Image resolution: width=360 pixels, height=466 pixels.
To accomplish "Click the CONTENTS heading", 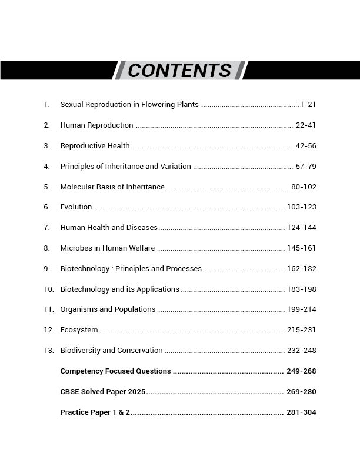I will pyautogui.click(x=179, y=71).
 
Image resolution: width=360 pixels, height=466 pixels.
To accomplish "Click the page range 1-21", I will pyautogui.click(x=308, y=105).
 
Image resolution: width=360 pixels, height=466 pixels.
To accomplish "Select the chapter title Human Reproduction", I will pyautogui.click(x=96, y=125).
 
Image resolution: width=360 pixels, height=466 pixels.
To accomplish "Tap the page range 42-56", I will pyautogui.click(x=306, y=146).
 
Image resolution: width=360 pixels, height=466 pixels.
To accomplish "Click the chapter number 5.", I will pyautogui.click(x=46, y=187).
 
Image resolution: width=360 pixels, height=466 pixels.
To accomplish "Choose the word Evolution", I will pyautogui.click(x=76, y=207).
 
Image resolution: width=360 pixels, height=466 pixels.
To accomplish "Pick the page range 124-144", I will pyautogui.click(x=302, y=228).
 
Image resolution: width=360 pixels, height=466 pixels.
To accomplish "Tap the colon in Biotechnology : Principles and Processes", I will pyautogui.click(x=112, y=269).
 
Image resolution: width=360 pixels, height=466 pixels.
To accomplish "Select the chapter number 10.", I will pyautogui.click(x=48, y=289).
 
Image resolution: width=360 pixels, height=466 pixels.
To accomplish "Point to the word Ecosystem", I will pyautogui.click(x=79, y=330).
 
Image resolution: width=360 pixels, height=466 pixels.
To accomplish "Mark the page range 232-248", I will pyautogui.click(x=302, y=351).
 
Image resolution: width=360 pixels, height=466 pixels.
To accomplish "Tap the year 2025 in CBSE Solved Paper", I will pyautogui.click(x=136, y=392).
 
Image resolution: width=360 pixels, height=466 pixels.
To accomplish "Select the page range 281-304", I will pyautogui.click(x=301, y=412).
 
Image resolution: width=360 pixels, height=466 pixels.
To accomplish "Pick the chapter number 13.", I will pyautogui.click(x=48, y=351).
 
